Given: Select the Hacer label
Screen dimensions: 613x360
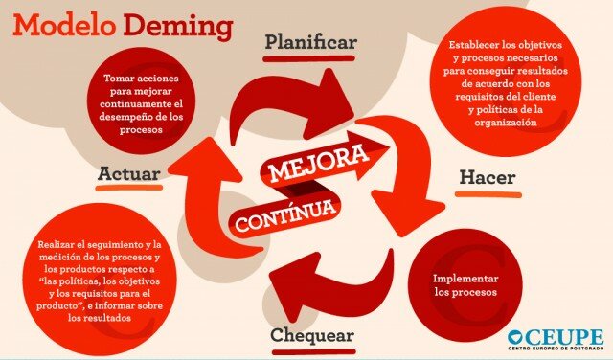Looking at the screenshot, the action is pos(488,177).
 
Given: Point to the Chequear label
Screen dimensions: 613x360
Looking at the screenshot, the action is pos(312,335).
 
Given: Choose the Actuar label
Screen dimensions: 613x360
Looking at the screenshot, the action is pos(128,173).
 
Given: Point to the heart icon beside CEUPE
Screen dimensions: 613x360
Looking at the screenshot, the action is pos(516,336).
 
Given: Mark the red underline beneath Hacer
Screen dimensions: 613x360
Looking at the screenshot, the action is pos(488,193).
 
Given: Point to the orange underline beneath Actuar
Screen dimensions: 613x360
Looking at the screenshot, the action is pos(128,189).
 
